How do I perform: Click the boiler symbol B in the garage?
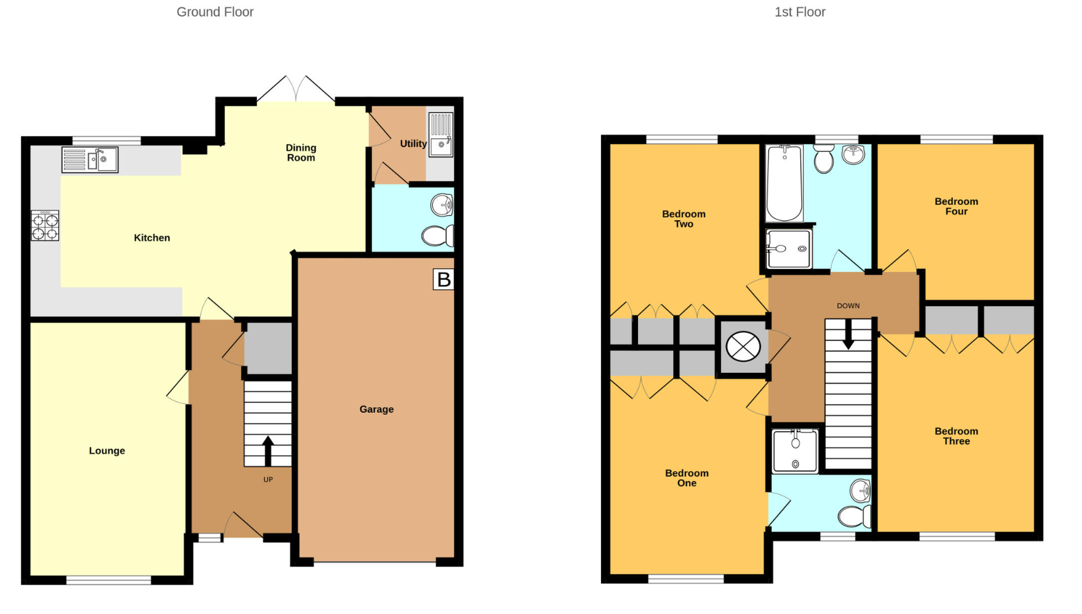pyautogui.click(x=443, y=279)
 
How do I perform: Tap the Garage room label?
pyautogui.click(x=376, y=409)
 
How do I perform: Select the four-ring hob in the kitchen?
pyautogui.click(x=45, y=226)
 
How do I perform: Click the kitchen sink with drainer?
pyautogui.click(x=90, y=160)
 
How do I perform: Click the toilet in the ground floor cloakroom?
pyautogui.click(x=438, y=236)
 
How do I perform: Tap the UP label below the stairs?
pyautogui.click(x=268, y=479)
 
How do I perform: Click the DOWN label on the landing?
pyautogui.click(x=848, y=306)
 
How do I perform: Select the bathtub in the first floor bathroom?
pyautogui.click(x=785, y=183)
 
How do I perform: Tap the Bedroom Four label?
pyautogui.click(x=956, y=206)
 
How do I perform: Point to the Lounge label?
pyautogui.click(x=107, y=450)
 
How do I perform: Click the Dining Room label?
pyautogui.click(x=301, y=153)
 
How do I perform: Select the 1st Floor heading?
pyautogui.click(x=799, y=12)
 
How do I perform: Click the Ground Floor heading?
pyautogui.click(x=215, y=12)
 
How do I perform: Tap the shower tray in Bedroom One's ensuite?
pyautogui.click(x=795, y=451)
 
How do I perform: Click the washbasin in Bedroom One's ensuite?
pyautogui.click(x=860, y=491)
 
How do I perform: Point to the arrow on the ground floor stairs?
pyautogui.click(x=268, y=450)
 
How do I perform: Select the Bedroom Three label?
pyautogui.click(x=956, y=436)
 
